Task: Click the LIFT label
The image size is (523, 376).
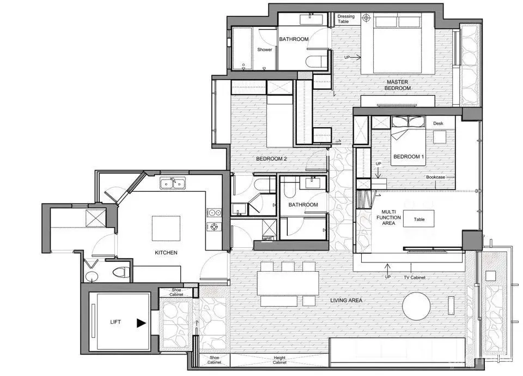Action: pyautogui.click(x=115, y=322)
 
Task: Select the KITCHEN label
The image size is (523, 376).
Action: pyautogui.click(x=166, y=253)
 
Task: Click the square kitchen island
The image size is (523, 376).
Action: pyautogui.click(x=166, y=228)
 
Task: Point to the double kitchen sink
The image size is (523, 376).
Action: pyautogui.click(x=173, y=184)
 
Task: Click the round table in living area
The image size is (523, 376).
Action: pyautogui.click(x=416, y=306)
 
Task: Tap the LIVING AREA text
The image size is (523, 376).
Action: pyautogui.click(x=346, y=300)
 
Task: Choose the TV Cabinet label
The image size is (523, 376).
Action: pyautogui.click(x=415, y=277)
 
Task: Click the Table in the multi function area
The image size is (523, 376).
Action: pyautogui.click(x=419, y=219)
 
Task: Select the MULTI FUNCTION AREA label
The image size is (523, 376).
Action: pyautogui.click(x=388, y=217)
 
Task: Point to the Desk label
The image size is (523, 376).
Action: pyautogui.click(x=438, y=123)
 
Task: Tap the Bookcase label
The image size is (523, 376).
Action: pyautogui.click(x=436, y=177)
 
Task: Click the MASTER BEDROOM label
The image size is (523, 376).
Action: pyautogui.click(x=398, y=85)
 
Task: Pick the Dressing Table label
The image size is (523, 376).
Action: pyautogui.click(x=346, y=19)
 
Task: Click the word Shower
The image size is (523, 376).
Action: pyautogui.click(x=265, y=50)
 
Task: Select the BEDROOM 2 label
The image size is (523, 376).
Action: pyautogui.click(x=271, y=159)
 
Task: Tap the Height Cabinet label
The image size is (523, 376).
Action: pyautogui.click(x=279, y=360)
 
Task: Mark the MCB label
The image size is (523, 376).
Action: pyautogui.click(x=267, y=238)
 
